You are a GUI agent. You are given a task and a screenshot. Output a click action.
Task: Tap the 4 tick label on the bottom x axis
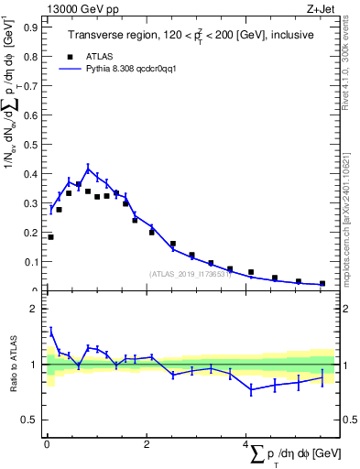click(x=246, y=444)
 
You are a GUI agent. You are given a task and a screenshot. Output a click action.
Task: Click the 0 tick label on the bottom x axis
click(x=47, y=444)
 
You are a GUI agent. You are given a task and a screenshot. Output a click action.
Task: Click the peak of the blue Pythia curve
click(x=88, y=168)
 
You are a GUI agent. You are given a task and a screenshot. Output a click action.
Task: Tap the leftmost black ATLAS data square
click(x=50, y=236)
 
